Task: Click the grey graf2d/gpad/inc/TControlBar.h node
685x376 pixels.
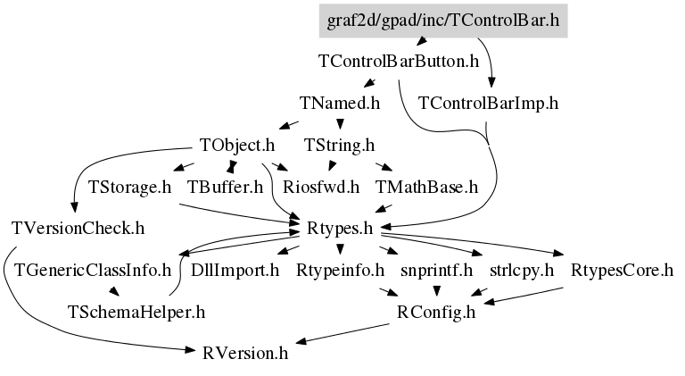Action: click(442, 21)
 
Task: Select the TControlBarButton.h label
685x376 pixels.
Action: click(399, 63)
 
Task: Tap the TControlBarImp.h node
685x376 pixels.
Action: click(487, 103)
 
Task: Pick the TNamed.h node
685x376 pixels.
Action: click(341, 103)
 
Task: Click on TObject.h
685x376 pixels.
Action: click(236, 145)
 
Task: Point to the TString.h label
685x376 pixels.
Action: click(339, 145)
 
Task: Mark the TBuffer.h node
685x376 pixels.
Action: click(225, 187)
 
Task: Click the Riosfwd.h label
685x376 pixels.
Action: click(320, 187)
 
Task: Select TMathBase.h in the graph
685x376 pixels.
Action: click(427, 187)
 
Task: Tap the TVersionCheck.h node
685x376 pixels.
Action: click(78, 228)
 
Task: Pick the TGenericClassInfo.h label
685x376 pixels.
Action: click(93, 270)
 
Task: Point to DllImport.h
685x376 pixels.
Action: click(235, 270)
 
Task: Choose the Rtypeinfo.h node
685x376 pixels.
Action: click(340, 270)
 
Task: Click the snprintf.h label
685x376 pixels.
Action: click(436, 270)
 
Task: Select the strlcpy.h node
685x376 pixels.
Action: click(522, 270)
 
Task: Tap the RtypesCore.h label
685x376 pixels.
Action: click(622, 270)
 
